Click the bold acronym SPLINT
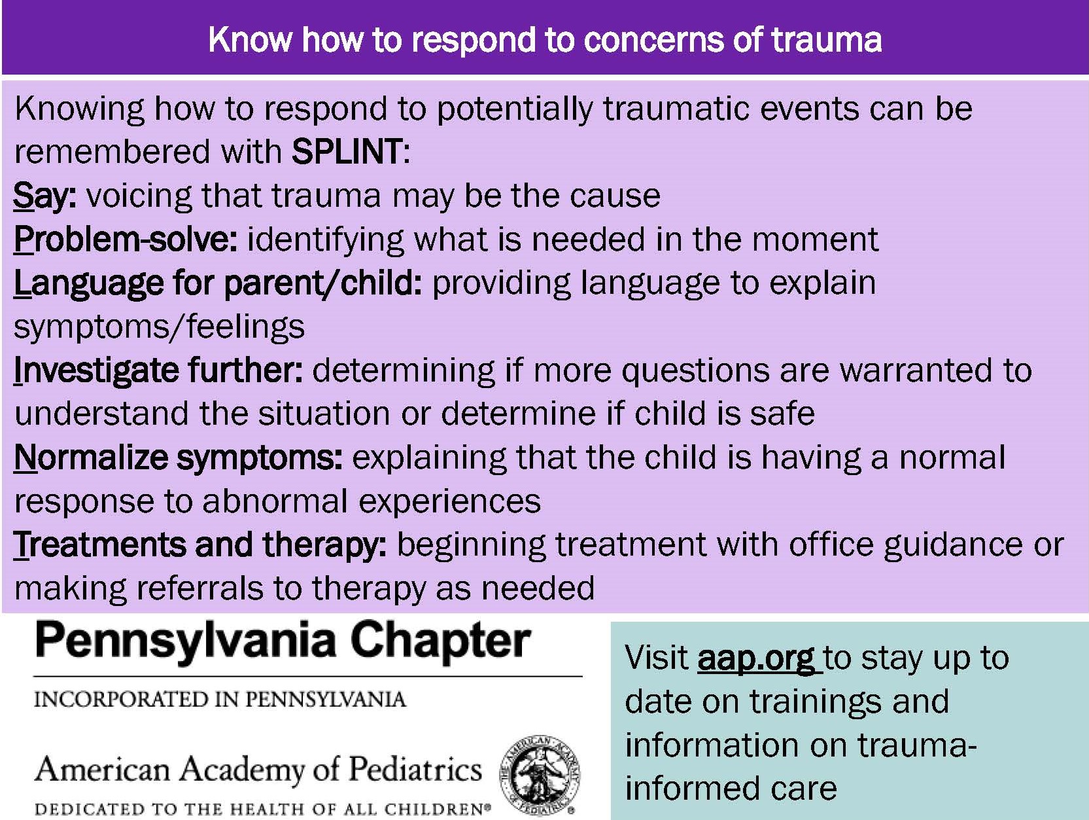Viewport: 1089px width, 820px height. coord(346,151)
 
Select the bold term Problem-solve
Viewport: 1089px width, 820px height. coord(125,240)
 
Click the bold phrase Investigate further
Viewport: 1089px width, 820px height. coord(158,371)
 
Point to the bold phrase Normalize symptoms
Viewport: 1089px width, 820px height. coord(178,457)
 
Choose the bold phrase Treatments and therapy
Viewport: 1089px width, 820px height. coord(199,545)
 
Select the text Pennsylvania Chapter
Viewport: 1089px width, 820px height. coord(283,642)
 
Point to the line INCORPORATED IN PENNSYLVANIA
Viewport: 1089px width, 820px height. coord(220,700)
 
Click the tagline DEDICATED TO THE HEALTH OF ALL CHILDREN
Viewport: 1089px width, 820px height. coord(262,809)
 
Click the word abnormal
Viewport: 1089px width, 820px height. coord(275,501)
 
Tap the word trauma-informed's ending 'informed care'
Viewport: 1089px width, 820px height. coord(731,789)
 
